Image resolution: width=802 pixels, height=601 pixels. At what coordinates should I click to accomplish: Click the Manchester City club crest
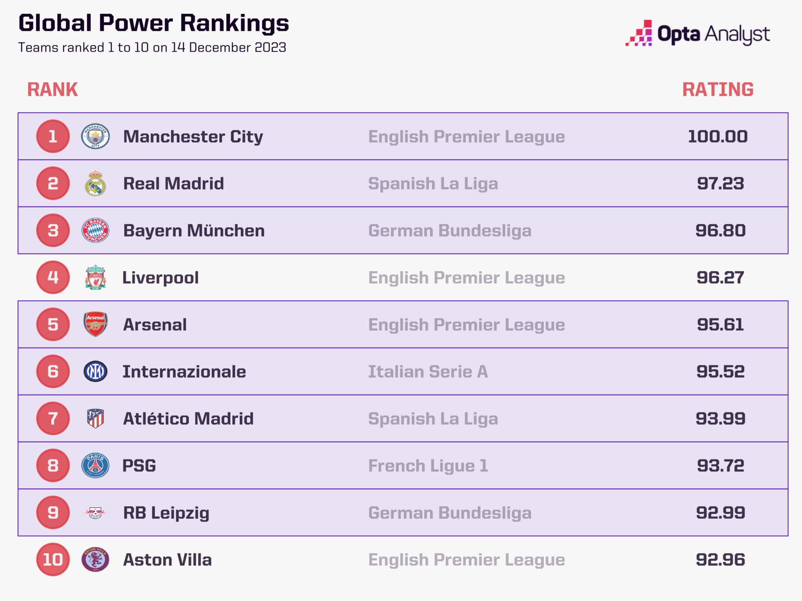pyautogui.click(x=95, y=136)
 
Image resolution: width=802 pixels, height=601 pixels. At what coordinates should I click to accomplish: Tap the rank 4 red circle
pyautogui.click(x=53, y=277)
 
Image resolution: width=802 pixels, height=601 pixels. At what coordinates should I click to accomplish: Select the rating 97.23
pyautogui.click(x=720, y=184)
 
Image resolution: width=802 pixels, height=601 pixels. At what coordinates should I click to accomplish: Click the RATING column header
pyautogui.click(x=717, y=90)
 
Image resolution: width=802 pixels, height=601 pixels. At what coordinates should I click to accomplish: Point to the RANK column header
pyautogui.click(x=52, y=90)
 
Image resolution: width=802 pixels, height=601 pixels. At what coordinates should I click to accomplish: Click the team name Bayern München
pyautogui.click(x=194, y=230)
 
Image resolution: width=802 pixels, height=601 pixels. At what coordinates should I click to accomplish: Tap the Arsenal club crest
pyautogui.click(x=95, y=324)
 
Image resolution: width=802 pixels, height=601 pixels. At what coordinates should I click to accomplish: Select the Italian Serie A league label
pyautogui.click(x=428, y=372)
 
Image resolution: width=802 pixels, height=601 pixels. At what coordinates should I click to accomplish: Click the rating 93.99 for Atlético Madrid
pyautogui.click(x=720, y=419)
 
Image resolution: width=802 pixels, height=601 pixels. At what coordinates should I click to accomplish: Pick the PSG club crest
pyautogui.click(x=95, y=466)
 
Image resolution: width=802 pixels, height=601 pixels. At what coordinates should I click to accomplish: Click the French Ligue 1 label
pyautogui.click(x=428, y=466)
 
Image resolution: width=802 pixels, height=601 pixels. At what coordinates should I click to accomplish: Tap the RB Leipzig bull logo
pyautogui.click(x=95, y=513)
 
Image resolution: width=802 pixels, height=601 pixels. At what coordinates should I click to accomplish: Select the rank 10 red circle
pyautogui.click(x=53, y=560)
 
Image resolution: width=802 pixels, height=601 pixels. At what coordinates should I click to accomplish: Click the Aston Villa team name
pyautogui.click(x=167, y=560)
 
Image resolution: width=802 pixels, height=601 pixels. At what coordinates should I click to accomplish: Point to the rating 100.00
pyautogui.click(x=717, y=137)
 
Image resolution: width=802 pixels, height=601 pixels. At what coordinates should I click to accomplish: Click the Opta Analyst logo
pyautogui.click(x=697, y=34)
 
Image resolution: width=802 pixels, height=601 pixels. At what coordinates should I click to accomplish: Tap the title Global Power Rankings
pyautogui.click(x=154, y=23)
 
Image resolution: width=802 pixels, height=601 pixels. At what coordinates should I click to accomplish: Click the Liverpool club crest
pyautogui.click(x=95, y=277)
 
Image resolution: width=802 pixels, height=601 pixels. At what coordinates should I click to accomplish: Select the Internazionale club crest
pyautogui.click(x=95, y=372)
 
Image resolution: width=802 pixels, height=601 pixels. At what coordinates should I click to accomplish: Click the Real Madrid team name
pyautogui.click(x=173, y=184)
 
